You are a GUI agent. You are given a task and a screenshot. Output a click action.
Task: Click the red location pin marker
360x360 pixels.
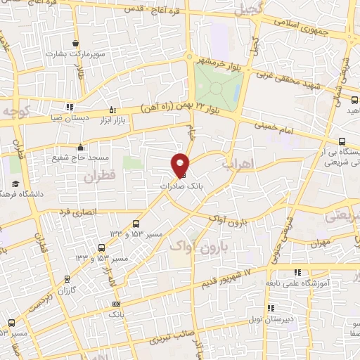(x=181, y=164)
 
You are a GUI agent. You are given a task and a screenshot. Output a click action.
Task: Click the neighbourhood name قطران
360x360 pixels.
(x=99, y=177)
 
